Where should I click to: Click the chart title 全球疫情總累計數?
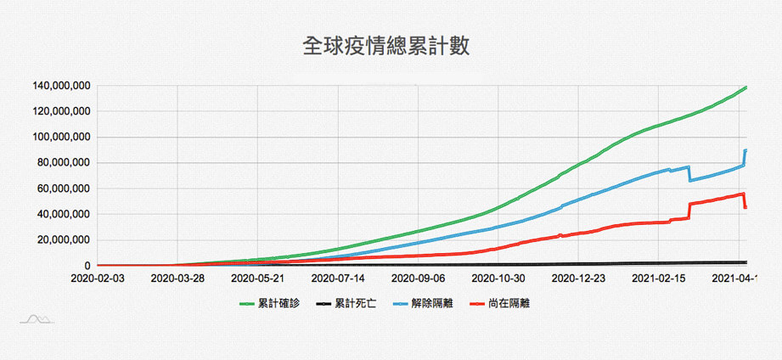385,46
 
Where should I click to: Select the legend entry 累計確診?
269,303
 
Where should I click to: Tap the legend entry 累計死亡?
346,303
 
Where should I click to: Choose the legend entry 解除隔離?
423,303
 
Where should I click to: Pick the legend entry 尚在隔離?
500,303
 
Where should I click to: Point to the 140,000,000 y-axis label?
62,86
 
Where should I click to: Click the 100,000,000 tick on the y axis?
62,137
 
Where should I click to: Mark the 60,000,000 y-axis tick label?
65,188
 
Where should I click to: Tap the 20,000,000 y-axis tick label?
65,239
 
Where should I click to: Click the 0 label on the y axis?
87,266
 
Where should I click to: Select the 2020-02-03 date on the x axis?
98,278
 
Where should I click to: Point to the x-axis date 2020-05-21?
257,278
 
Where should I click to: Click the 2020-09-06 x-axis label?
418,278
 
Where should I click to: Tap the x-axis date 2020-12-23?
578,278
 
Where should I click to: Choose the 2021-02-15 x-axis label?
658,278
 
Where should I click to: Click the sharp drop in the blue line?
689,173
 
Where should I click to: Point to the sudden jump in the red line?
689,211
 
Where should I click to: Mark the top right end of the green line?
746,87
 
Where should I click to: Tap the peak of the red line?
743,194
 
